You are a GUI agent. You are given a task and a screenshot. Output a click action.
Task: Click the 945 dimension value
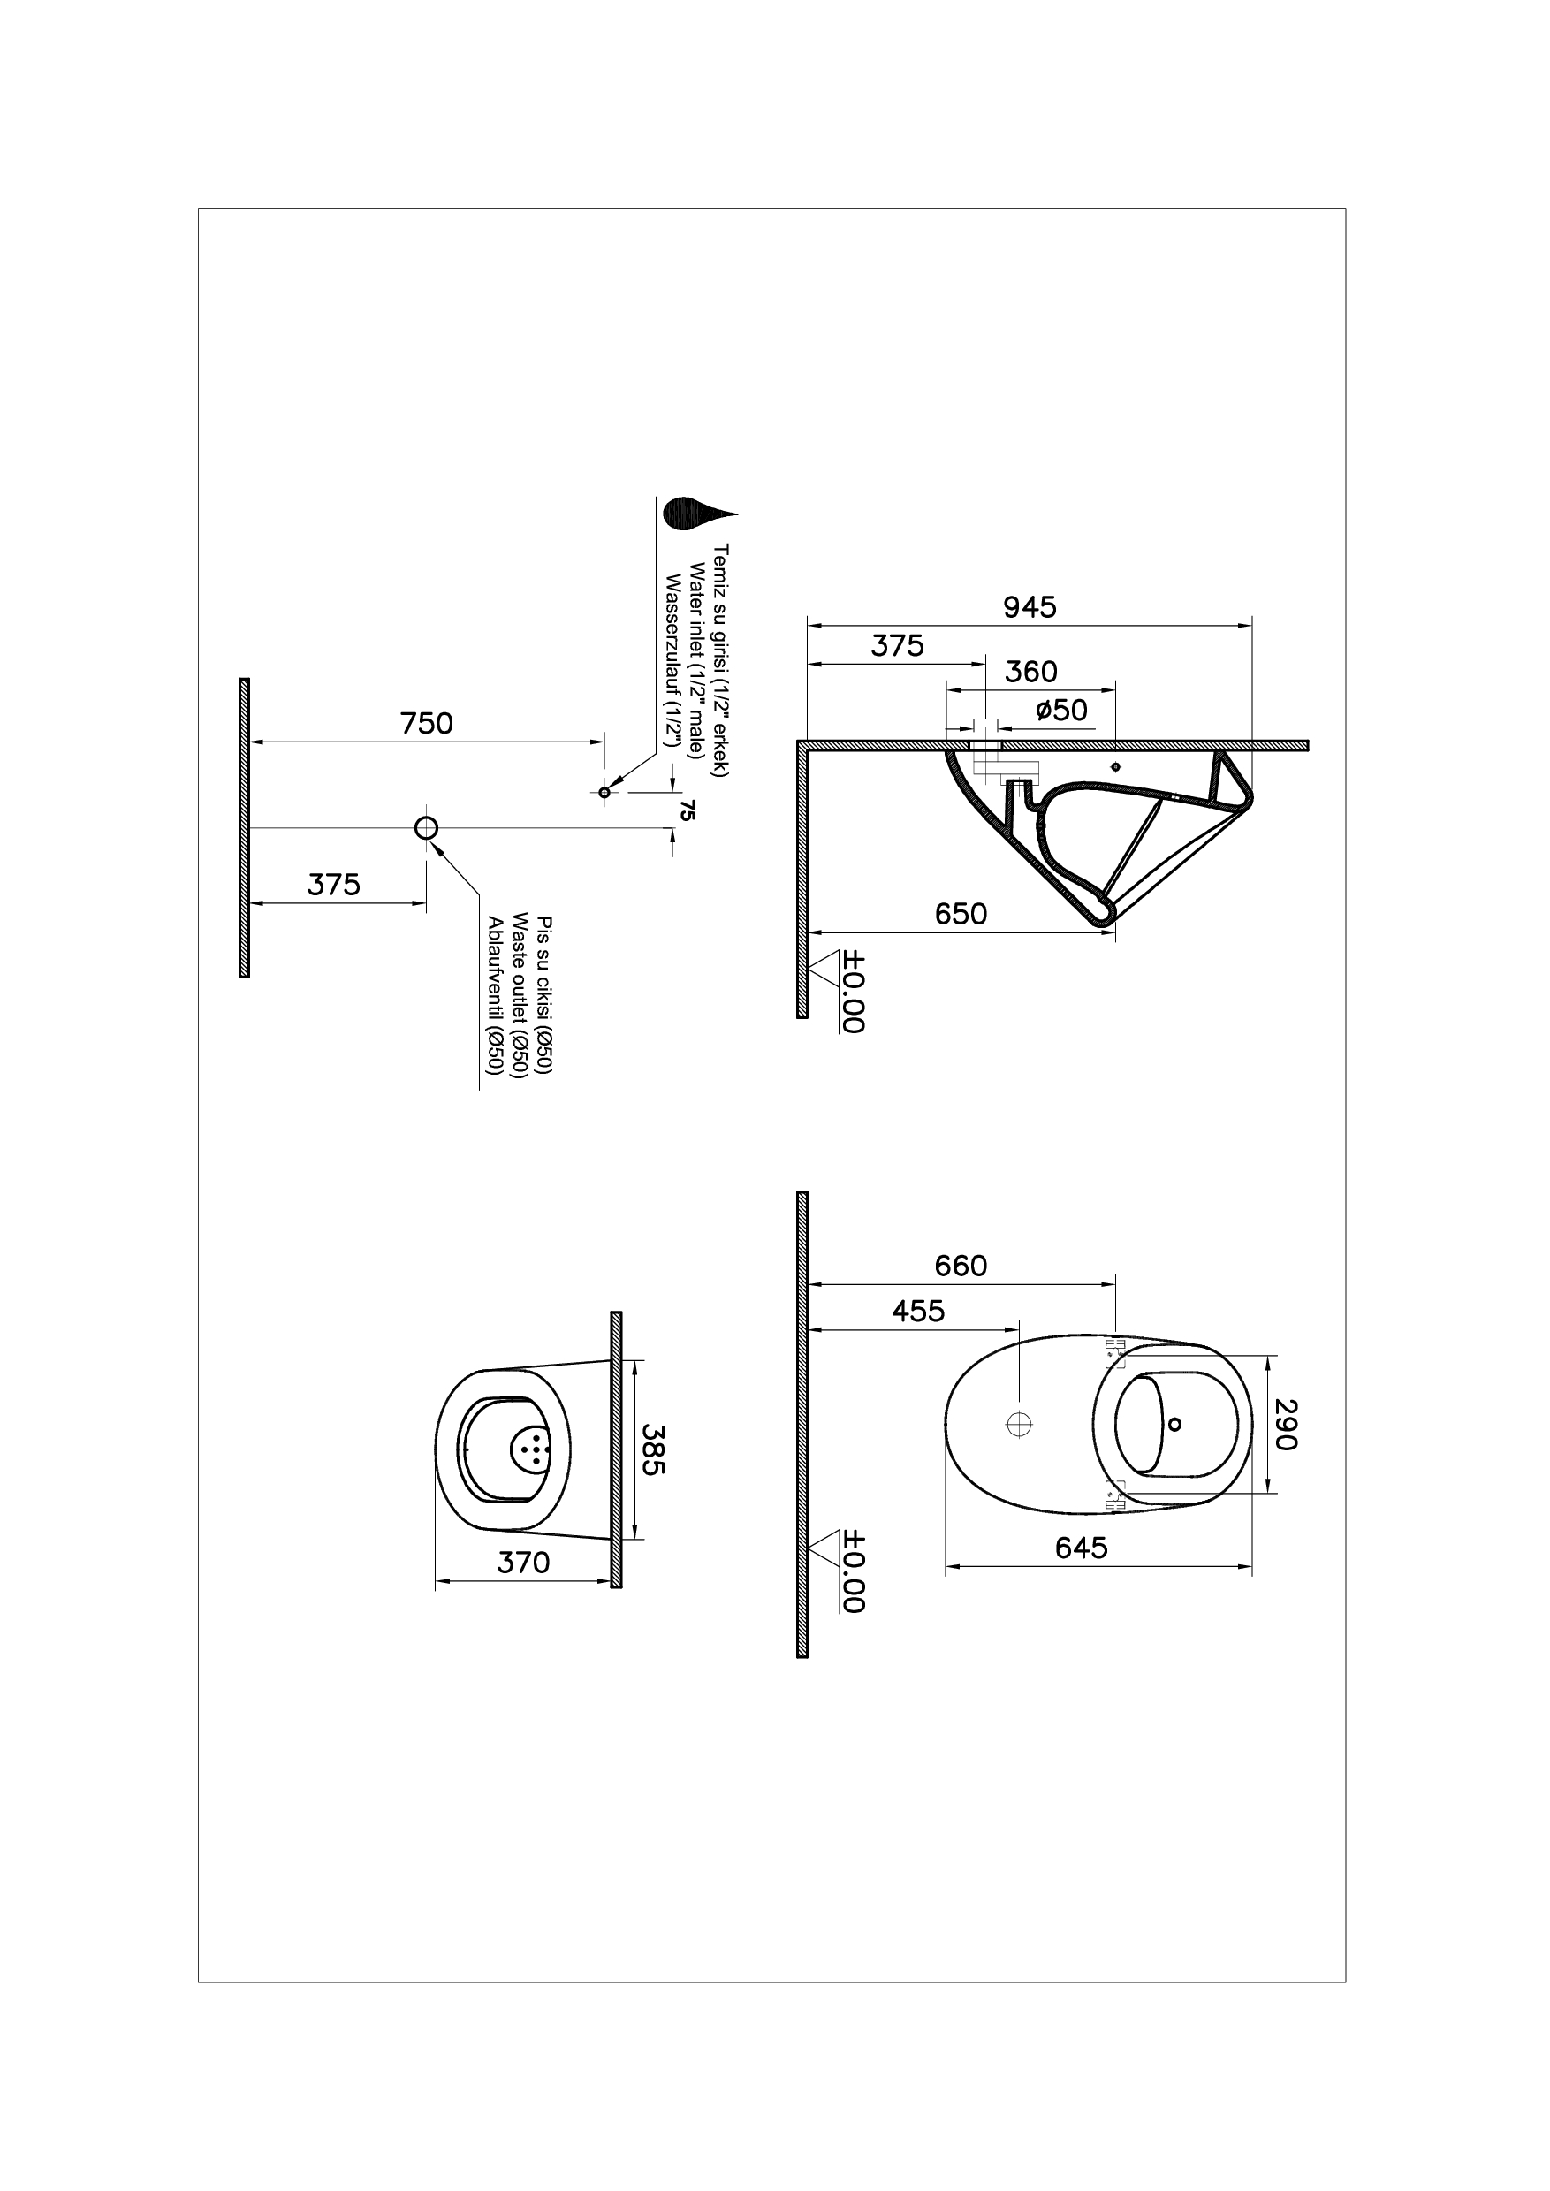tap(1030, 607)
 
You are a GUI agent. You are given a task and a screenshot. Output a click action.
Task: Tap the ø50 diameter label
tap(1061, 711)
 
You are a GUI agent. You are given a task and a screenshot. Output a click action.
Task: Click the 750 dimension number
tap(427, 724)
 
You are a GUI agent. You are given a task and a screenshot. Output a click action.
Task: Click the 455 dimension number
tap(918, 1312)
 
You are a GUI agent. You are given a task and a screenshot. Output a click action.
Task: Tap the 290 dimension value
tap(1286, 1425)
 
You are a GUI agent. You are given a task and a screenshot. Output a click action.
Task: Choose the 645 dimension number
tap(1082, 1548)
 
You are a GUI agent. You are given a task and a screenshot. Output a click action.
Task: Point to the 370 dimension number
tap(523, 1563)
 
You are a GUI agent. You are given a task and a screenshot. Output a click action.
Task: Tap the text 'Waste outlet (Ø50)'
tap(520, 996)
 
